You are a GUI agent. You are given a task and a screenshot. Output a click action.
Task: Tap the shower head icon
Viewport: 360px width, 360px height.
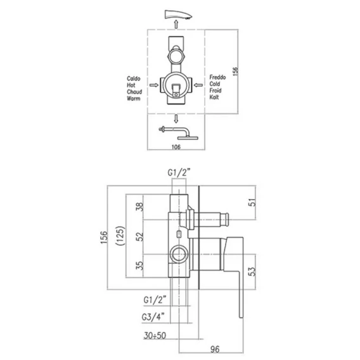click(x=179, y=133)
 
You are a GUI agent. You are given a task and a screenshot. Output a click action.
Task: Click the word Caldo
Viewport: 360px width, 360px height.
click(x=133, y=79)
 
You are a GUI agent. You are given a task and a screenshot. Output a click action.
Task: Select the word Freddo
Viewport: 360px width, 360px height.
click(x=217, y=77)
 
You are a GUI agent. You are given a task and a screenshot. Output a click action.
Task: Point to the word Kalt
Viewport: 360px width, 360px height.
click(x=214, y=97)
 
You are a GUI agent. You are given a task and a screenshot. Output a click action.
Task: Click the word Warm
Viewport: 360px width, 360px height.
click(x=133, y=98)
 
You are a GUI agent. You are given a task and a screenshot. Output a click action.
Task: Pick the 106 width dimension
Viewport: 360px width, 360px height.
click(x=176, y=147)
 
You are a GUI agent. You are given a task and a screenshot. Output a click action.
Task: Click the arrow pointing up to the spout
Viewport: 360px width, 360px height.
click(x=176, y=24)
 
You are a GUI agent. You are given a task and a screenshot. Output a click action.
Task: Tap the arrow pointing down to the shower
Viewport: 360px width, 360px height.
click(x=176, y=119)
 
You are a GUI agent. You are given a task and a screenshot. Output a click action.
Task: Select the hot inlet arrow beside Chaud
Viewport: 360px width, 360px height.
click(x=154, y=85)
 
